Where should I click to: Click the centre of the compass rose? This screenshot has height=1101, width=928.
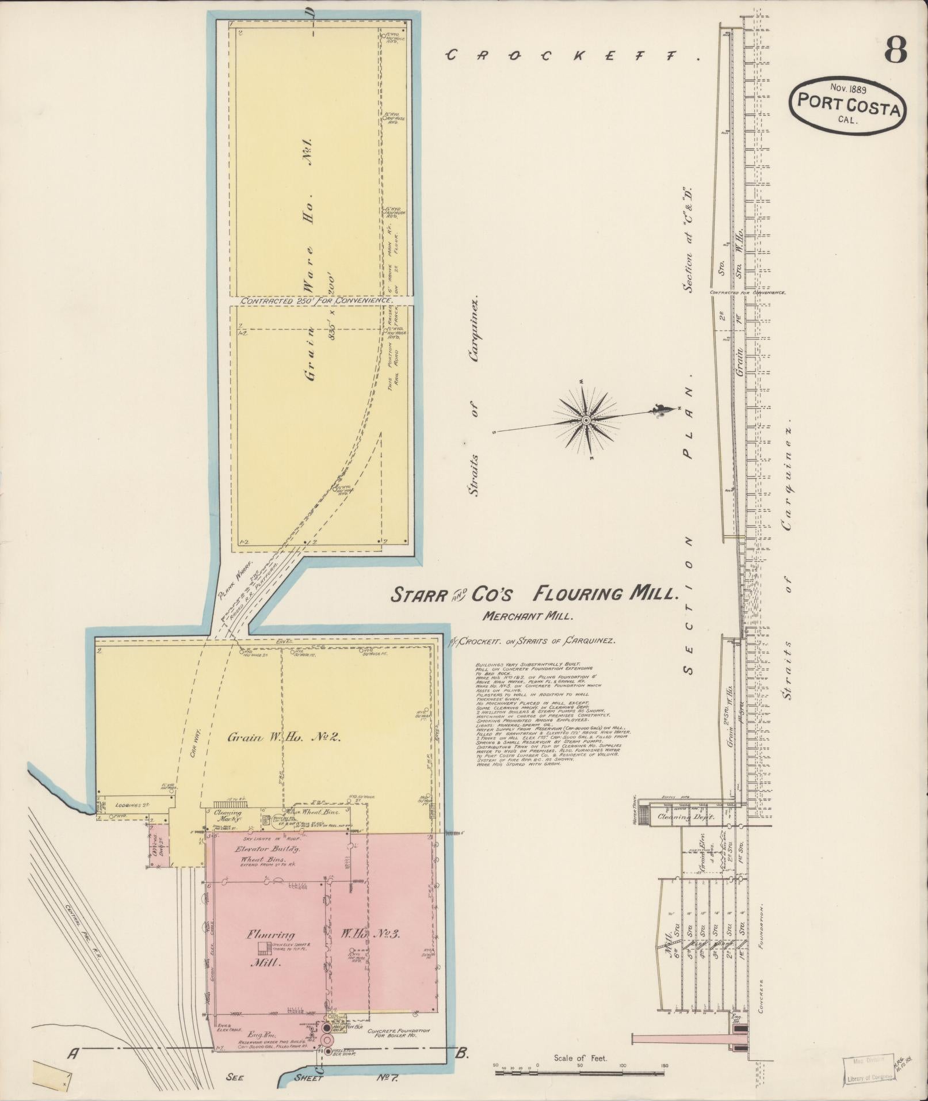point(586,421)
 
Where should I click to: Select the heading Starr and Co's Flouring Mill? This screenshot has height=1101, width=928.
point(532,594)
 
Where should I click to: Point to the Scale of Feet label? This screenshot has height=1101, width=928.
point(580,1057)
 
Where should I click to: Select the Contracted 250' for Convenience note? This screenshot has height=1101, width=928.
point(317,301)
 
